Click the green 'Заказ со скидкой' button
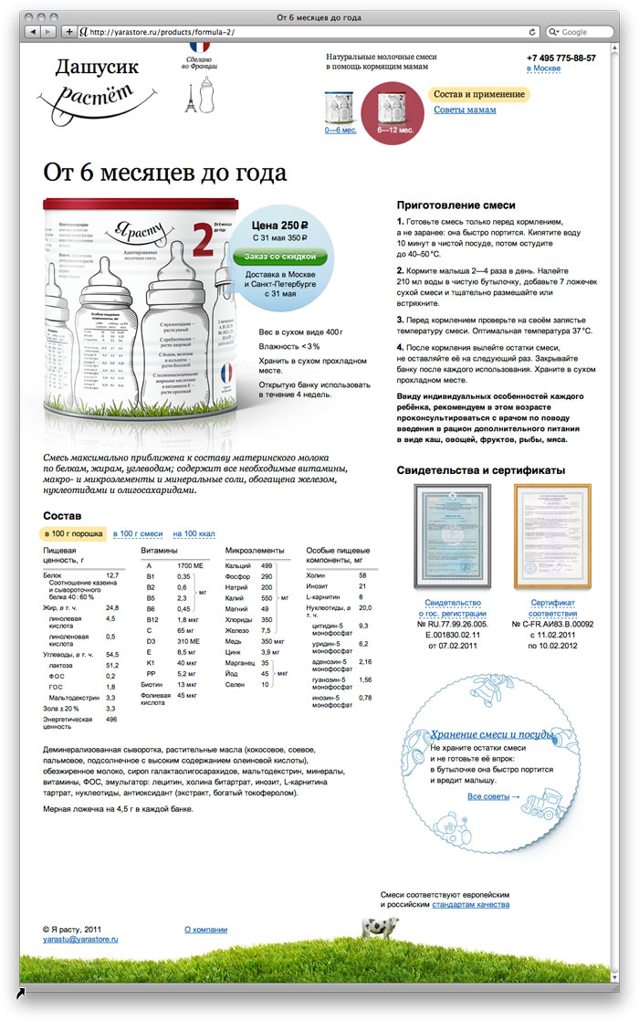(280, 258)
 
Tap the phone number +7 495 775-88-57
(560, 58)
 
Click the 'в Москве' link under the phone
(544, 69)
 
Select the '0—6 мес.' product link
(340, 130)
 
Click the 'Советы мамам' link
(465, 110)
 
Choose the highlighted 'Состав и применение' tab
(478, 94)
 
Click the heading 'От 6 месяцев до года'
(177, 173)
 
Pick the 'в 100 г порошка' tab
(73, 532)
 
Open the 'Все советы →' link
(494, 796)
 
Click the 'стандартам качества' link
(471, 904)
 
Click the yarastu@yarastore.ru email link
(80, 938)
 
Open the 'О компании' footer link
(205, 929)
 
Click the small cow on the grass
(373, 928)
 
